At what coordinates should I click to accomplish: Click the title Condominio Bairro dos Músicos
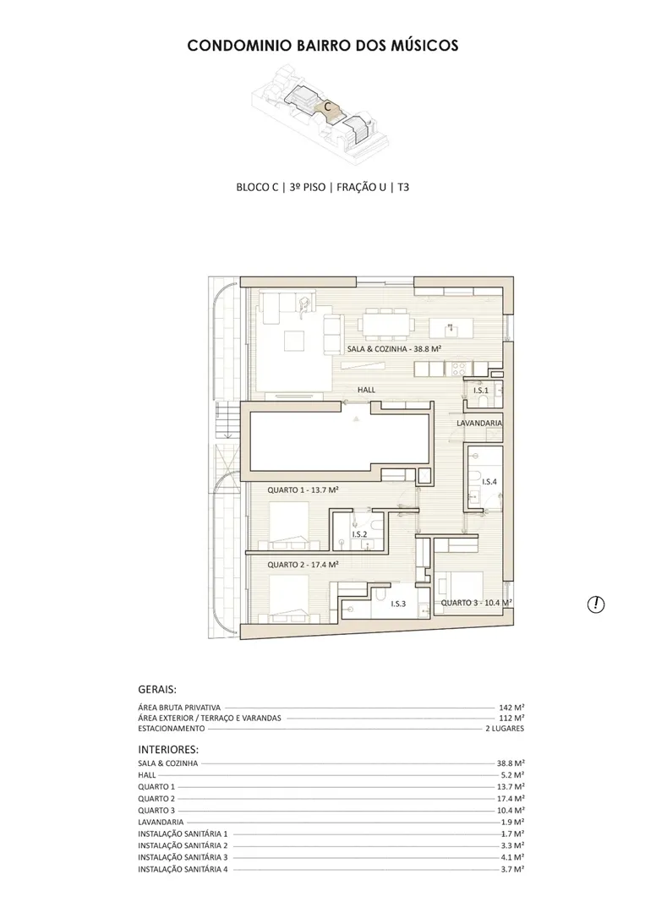pyautogui.click(x=323, y=46)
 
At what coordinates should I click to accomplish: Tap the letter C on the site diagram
pyautogui.click(x=328, y=107)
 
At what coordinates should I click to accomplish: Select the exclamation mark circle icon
pyautogui.click(x=595, y=604)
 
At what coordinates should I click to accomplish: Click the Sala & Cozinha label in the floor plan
pyautogui.click(x=394, y=349)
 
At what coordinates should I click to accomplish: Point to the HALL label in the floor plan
pyautogui.click(x=366, y=390)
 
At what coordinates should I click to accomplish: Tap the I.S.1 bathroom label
pyautogui.click(x=481, y=390)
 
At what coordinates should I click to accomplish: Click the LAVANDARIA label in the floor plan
pyautogui.click(x=479, y=423)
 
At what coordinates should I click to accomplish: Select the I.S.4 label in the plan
pyautogui.click(x=489, y=482)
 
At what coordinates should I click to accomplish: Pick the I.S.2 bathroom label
pyautogui.click(x=359, y=534)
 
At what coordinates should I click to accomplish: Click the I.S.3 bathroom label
pyautogui.click(x=398, y=604)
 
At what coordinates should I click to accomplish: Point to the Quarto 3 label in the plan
pyautogui.click(x=476, y=603)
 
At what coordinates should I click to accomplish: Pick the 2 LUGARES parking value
pyautogui.click(x=505, y=729)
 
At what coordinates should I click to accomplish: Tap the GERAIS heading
pyautogui.click(x=157, y=690)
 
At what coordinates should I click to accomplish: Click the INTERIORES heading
pyautogui.click(x=168, y=749)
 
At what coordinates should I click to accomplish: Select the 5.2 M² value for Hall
pyautogui.click(x=513, y=775)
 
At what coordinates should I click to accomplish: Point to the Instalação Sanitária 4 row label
pyautogui.click(x=183, y=869)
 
